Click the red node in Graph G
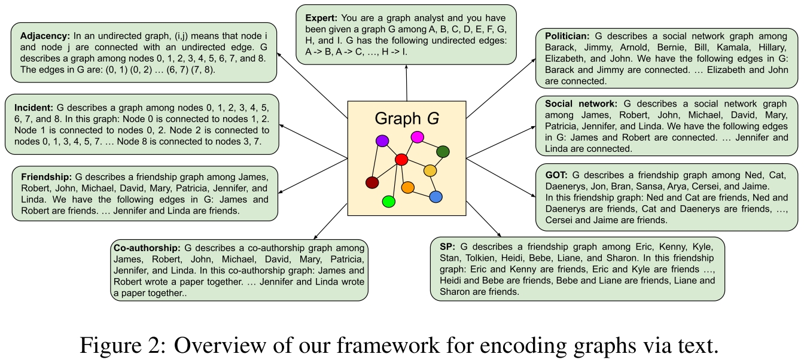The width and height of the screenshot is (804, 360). [401, 160]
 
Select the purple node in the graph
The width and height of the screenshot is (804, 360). [382, 141]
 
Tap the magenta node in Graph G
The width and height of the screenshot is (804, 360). [418, 137]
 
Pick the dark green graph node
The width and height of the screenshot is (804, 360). [443, 151]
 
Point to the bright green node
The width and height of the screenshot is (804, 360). [388, 202]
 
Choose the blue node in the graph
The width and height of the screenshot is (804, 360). [435, 196]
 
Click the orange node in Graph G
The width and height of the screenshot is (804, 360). [408, 188]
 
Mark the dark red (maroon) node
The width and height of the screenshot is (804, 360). [372, 182]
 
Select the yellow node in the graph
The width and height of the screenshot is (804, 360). [430, 171]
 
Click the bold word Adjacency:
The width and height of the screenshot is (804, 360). [44, 35]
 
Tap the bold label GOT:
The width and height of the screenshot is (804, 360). [556, 176]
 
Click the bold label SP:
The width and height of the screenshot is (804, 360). [447, 246]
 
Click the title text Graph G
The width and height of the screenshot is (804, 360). [406, 118]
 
